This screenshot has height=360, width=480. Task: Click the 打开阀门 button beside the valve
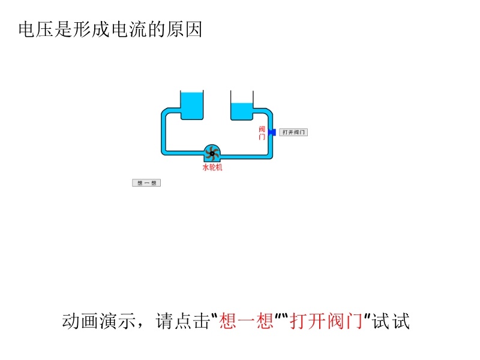294,132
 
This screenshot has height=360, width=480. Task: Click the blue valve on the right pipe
272,132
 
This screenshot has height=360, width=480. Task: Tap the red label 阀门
262,133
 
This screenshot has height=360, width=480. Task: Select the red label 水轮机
212,168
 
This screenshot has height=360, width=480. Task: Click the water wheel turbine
212,153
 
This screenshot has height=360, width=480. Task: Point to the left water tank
193,106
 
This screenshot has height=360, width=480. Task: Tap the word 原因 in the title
187,29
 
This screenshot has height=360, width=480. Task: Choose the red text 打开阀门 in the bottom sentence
327,322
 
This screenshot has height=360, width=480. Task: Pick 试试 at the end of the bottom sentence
391,322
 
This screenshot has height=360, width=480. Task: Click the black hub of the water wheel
212,154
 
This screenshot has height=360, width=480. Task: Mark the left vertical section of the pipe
164,132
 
